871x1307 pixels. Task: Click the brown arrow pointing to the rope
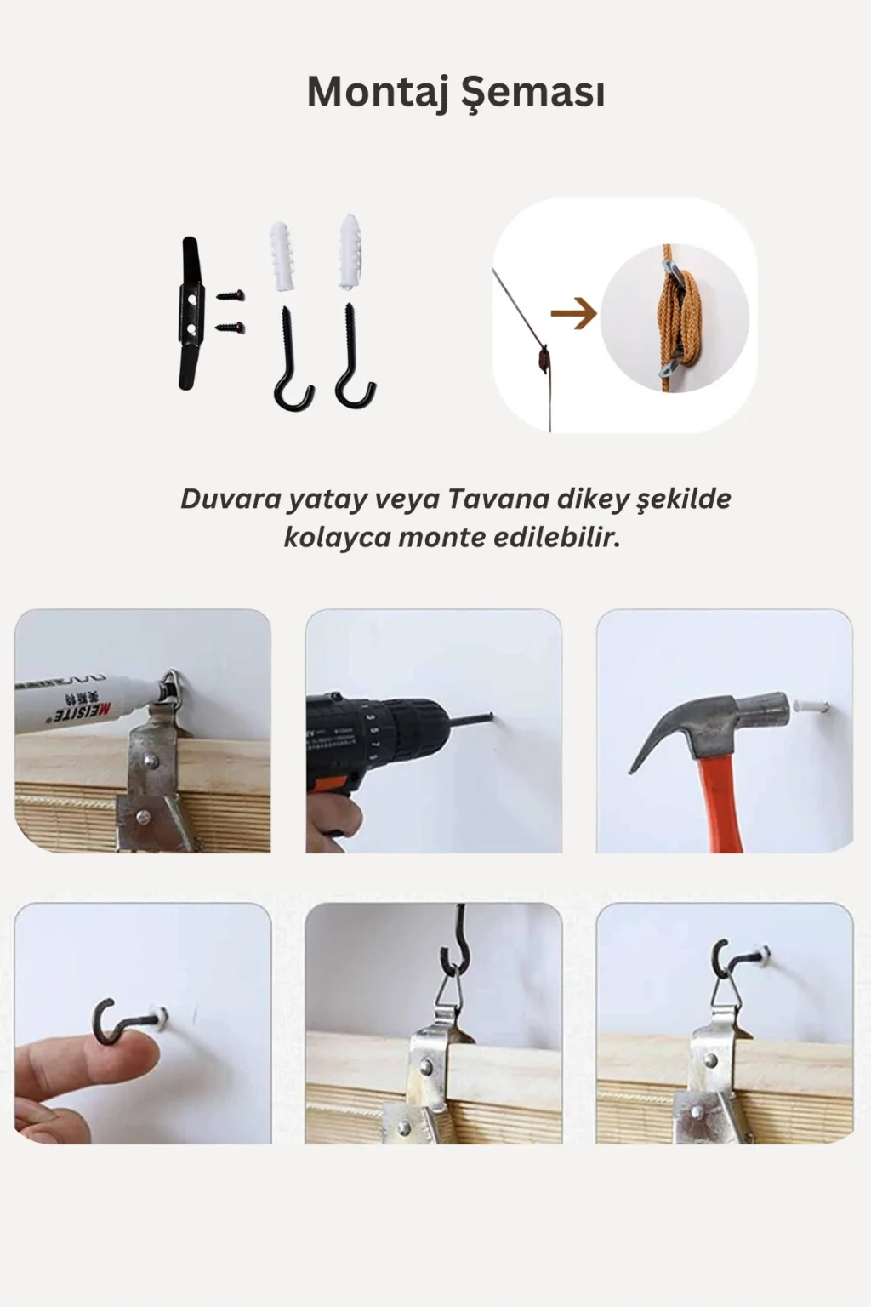pos(573,313)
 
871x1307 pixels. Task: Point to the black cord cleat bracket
pos(191,313)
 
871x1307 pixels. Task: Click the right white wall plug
pos(350,252)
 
